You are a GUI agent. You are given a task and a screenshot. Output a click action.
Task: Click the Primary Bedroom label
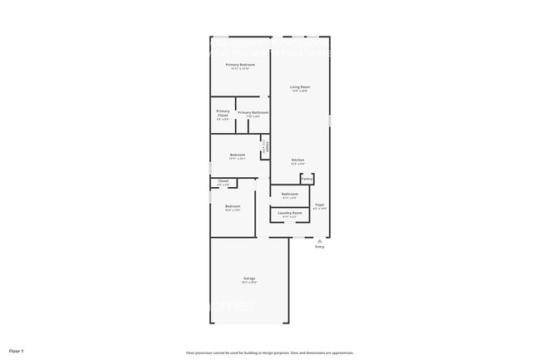pos(240,64)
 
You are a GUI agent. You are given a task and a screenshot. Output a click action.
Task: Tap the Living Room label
pos(300,86)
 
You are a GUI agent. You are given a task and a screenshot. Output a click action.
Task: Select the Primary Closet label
pos(223,113)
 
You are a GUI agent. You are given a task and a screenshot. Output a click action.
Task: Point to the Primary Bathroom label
pos(253,112)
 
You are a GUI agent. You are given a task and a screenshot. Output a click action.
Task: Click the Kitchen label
pos(297,160)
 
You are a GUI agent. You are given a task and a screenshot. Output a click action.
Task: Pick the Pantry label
pos(307,179)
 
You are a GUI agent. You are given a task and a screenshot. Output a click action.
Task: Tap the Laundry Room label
pos(290,213)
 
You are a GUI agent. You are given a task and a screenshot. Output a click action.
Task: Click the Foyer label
pos(319,205)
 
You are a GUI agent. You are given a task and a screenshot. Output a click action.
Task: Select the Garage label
pos(249,278)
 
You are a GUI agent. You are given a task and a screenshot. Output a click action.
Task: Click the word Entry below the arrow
pos(320,247)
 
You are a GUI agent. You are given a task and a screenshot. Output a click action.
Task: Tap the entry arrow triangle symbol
pos(320,240)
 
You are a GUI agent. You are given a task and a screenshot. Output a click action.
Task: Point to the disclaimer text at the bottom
pos(269,353)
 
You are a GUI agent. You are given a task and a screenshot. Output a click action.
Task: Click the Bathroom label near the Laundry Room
pos(290,195)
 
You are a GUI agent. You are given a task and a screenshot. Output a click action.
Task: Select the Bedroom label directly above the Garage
pos(233,206)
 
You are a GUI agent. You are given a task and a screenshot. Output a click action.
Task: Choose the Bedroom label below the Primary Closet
pos(238,155)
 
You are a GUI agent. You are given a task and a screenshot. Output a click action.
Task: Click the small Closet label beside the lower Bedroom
pos(223,180)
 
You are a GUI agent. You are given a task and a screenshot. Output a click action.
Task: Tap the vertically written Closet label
pos(265,146)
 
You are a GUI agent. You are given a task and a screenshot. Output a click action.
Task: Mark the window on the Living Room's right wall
pos(330,121)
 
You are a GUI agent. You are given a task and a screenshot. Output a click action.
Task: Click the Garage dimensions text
pos(249,283)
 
